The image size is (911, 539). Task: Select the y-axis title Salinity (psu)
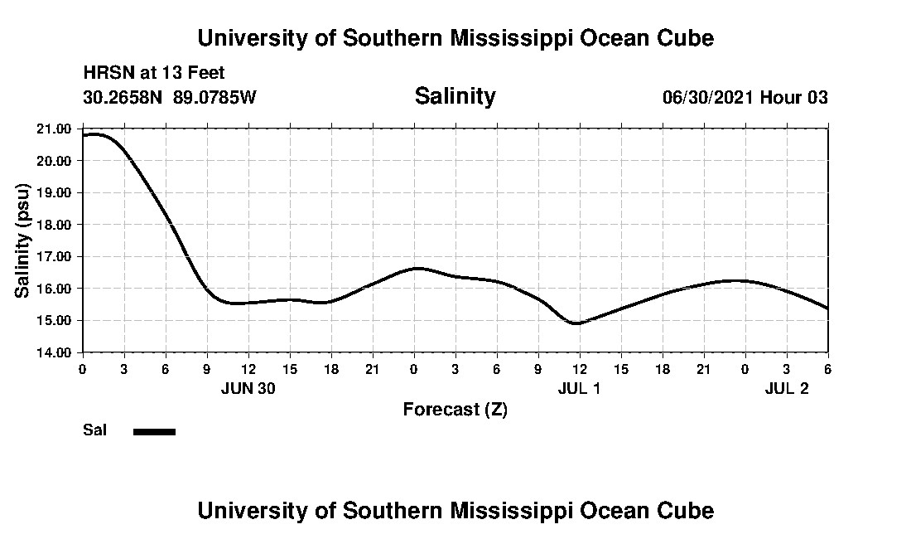[22, 240]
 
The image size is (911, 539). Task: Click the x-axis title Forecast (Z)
[455, 410]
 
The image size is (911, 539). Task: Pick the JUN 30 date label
[248, 388]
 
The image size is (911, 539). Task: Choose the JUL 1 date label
[579, 388]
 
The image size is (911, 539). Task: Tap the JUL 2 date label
[786, 388]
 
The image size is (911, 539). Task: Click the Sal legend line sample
[154, 431]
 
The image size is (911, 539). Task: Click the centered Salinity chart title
[455, 96]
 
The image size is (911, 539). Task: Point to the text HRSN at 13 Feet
[154, 74]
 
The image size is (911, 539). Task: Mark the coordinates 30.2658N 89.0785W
[170, 98]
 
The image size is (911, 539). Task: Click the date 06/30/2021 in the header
[708, 98]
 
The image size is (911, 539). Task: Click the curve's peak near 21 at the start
[93, 134]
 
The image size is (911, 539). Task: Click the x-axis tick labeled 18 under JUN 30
[330, 368]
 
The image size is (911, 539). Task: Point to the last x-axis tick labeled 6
[827, 368]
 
